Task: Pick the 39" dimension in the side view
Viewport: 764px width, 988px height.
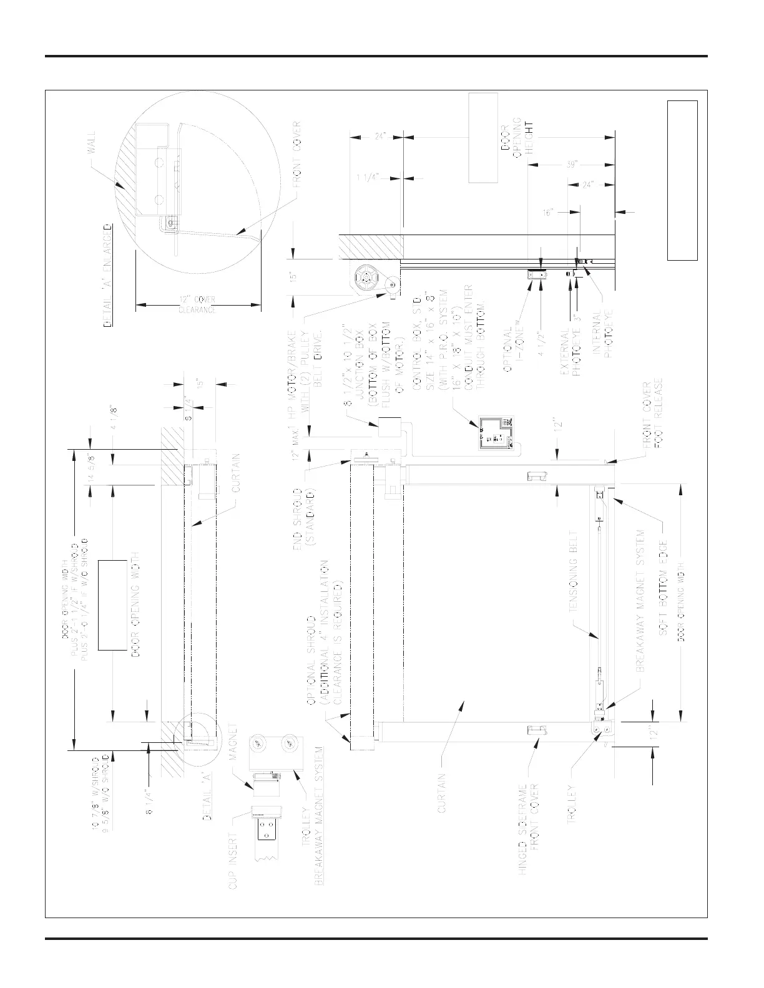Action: point(571,165)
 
